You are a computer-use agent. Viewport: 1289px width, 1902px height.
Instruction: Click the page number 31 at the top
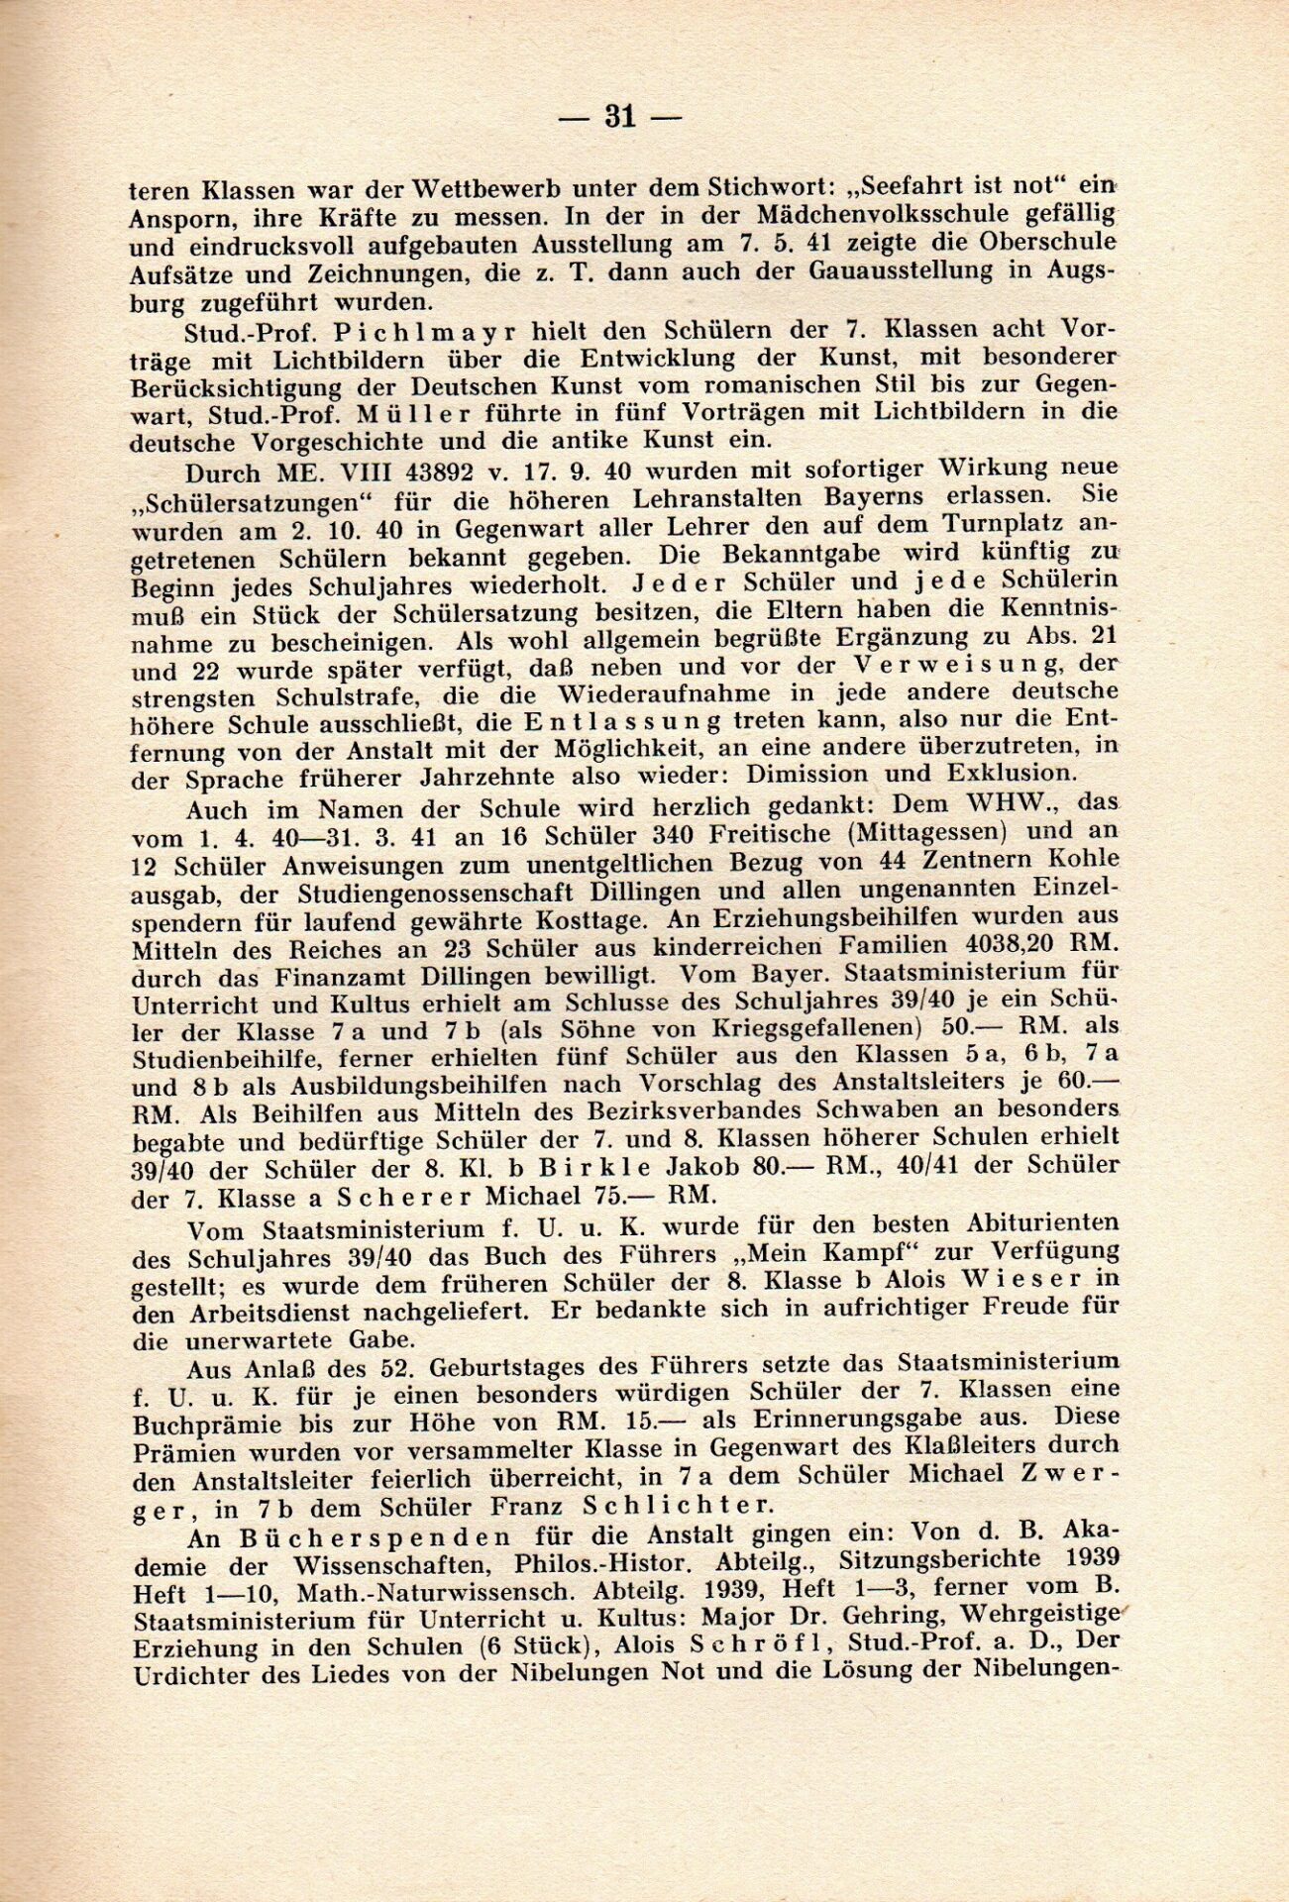(x=620, y=118)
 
